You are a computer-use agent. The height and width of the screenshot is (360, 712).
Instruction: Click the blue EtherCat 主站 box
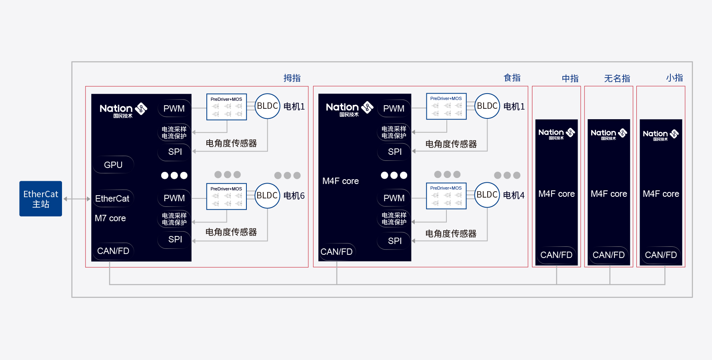coord(41,199)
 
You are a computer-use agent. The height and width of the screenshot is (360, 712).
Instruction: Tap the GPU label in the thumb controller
coord(113,165)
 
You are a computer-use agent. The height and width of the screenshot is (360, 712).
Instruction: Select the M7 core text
coord(110,218)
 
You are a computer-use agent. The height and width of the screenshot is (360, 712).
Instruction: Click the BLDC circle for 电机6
coord(267,196)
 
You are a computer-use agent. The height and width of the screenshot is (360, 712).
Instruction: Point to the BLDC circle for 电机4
coord(487,195)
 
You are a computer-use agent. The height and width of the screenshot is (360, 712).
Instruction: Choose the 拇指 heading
coord(292,78)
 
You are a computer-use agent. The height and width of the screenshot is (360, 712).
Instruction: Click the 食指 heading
coord(512,78)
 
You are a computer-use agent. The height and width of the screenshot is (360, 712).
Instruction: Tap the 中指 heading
coord(570,78)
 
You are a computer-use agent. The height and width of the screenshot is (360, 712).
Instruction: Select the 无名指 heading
coord(617,78)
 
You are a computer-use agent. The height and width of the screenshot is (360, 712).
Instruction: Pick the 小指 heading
coord(674,78)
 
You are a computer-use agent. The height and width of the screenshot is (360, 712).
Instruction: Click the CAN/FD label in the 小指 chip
coord(661,255)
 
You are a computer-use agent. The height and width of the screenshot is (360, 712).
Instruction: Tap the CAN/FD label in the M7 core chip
coord(113,251)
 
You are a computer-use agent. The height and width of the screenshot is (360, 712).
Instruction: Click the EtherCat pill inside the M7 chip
coord(112,198)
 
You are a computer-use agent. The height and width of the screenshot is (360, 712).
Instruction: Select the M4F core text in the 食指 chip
coord(340,181)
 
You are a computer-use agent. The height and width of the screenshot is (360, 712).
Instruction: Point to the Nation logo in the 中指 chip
coord(556,134)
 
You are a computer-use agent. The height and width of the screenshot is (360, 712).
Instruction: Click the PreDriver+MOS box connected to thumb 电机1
coord(226,107)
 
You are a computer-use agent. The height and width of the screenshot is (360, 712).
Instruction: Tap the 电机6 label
coord(294,196)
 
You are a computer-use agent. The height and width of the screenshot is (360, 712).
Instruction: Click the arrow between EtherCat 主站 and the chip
coord(77,199)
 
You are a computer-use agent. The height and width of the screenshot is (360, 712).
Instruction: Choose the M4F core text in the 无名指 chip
coord(609,194)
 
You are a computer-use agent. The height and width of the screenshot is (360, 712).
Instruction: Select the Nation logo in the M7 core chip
coord(123,110)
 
